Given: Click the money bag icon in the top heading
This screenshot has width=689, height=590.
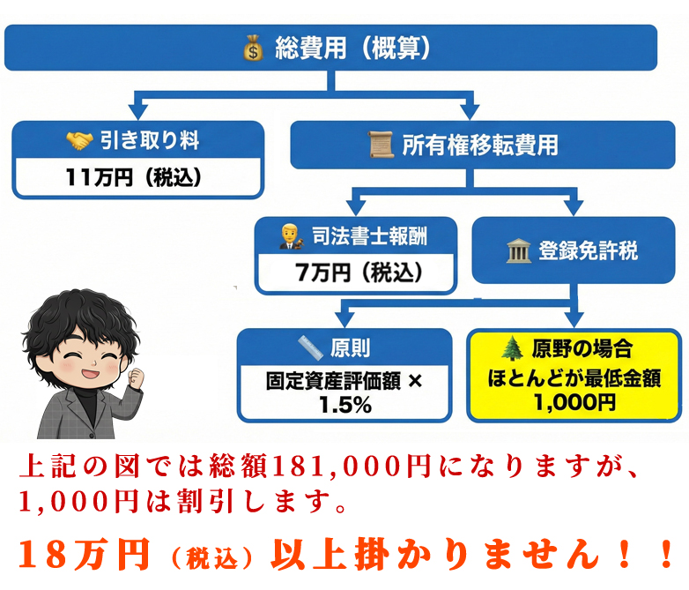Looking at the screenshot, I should click(253, 48).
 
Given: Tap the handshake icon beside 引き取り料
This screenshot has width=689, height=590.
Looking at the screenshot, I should click(79, 140).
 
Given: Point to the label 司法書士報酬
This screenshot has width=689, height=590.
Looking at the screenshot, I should click(371, 235).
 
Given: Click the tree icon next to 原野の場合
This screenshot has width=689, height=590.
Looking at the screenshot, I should click(515, 347).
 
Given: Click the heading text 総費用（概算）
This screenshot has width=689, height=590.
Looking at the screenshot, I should click(352, 48).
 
